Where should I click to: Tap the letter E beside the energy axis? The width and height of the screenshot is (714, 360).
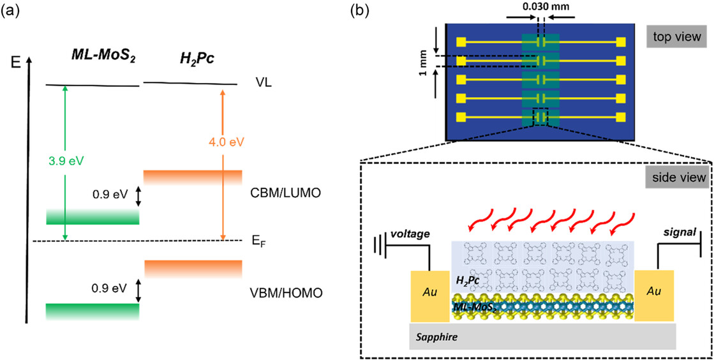(16, 63)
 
